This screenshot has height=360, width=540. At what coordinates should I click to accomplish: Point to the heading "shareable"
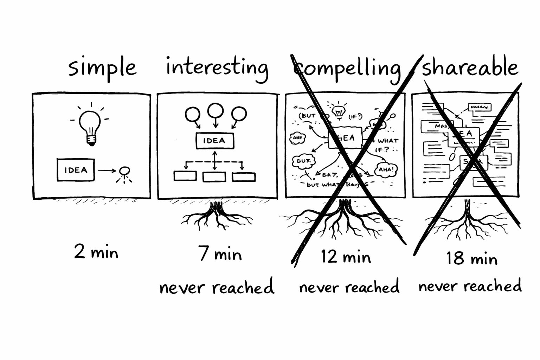[470, 67]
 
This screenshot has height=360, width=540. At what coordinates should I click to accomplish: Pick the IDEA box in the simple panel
[76, 170]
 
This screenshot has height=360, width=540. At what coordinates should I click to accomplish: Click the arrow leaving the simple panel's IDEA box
[107, 171]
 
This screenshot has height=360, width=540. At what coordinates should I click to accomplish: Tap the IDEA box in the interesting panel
[214, 141]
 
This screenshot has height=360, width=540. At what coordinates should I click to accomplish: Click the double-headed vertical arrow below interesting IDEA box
[215, 160]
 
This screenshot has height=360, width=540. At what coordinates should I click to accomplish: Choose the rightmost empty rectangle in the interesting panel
[244, 176]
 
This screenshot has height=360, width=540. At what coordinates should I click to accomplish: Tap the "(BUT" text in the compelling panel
[307, 116]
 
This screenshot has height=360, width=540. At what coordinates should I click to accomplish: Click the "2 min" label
[96, 252]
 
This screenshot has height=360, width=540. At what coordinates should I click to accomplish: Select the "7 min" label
[220, 254]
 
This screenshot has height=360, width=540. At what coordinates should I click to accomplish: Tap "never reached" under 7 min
[217, 287]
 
